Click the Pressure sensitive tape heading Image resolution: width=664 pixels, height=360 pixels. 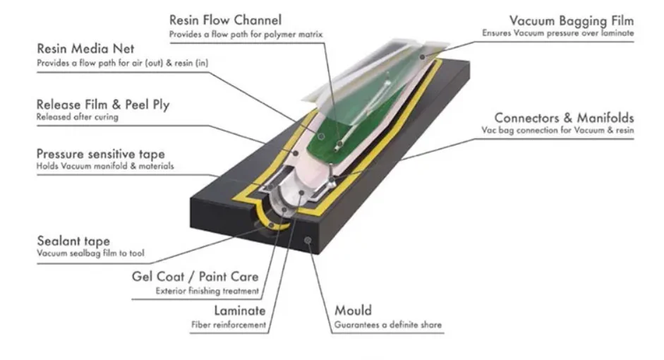click(x=100, y=154)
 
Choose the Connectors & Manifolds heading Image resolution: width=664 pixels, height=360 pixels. click(x=563, y=118)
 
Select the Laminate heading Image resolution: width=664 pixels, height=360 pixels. click(x=239, y=311)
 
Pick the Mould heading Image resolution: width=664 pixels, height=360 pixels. click(x=353, y=311)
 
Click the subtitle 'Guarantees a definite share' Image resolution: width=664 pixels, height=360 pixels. click(x=389, y=325)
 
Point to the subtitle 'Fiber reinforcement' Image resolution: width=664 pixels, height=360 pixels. click(x=229, y=325)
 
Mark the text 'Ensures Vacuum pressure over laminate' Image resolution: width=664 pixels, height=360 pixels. click(x=558, y=33)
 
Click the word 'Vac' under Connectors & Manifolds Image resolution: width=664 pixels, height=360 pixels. click(x=488, y=131)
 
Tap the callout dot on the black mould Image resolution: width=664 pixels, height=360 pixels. click(x=309, y=241)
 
